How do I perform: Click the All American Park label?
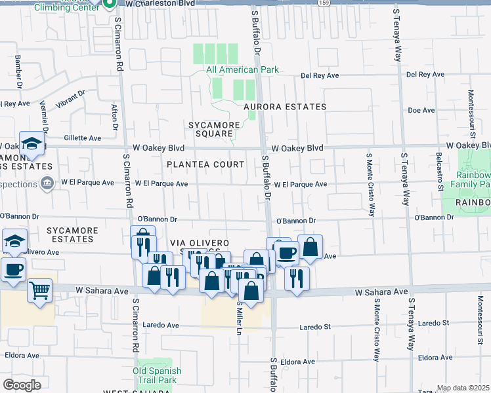point(242,69)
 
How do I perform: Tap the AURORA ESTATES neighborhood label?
point(285,107)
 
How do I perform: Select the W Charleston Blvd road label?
point(160,4)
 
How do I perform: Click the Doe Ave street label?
point(417,110)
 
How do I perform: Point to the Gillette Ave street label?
point(83,138)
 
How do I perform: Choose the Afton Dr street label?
point(115,117)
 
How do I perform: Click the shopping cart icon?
point(39,289)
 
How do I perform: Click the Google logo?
point(22,385)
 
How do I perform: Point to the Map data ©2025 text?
point(463,388)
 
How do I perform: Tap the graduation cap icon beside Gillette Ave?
point(31,143)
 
